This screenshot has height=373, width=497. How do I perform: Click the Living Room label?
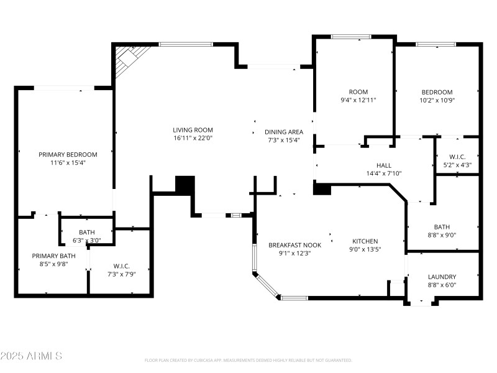[193, 130]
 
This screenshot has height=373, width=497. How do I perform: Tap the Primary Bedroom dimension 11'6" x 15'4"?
[68, 162]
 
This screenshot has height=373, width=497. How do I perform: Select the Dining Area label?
[284, 132]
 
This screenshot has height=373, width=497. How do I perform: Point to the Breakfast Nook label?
[294, 245]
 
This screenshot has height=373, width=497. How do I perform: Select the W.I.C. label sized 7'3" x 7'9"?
[121, 265]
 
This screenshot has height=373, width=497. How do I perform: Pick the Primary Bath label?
[54, 256]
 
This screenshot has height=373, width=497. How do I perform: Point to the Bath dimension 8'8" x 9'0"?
[442, 235]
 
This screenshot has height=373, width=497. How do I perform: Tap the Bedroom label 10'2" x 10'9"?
[437, 92]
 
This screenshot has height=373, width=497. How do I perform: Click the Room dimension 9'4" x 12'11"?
[358, 99]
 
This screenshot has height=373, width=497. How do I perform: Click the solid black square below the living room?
[185, 185]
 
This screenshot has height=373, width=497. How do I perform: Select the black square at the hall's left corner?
[322, 188]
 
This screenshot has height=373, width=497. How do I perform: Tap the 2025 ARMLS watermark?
[31, 356]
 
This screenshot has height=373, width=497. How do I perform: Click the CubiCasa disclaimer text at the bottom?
[248, 360]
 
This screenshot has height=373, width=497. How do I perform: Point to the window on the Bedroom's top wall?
[433, 44]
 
